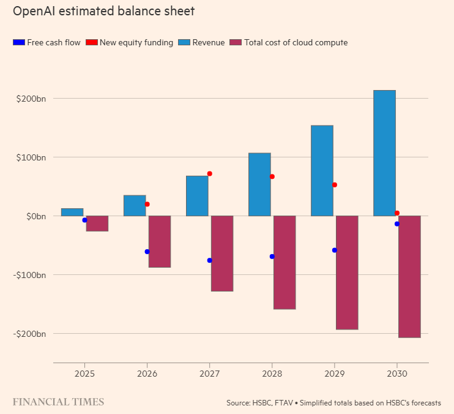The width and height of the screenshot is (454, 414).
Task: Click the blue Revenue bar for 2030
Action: (x=384, y=153)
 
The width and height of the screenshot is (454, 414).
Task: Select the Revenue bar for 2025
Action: (x=72, y=212)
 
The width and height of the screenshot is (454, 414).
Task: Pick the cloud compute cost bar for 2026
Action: (x=160, y=241)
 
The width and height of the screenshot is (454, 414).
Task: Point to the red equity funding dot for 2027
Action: (x=209, y=174)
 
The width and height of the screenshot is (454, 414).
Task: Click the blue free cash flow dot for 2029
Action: (x=334, y=250)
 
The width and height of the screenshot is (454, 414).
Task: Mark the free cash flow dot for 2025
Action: (x=84, y=220)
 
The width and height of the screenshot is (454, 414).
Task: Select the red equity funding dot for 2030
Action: (x=397, y=213)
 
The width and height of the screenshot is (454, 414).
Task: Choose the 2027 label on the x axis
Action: (x=209, y=374)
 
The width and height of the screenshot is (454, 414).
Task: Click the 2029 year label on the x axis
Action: (x=334, y=374)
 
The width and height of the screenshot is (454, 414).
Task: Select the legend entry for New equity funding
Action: (x=130, y=42)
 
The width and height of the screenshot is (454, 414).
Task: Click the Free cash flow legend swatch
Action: (x=18, y=42)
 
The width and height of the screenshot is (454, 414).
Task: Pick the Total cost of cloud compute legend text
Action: (x=296, y=42)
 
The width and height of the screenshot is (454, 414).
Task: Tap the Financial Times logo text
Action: (x=59, y=402)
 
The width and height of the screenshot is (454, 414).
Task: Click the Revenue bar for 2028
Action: (x=259, y=184)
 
